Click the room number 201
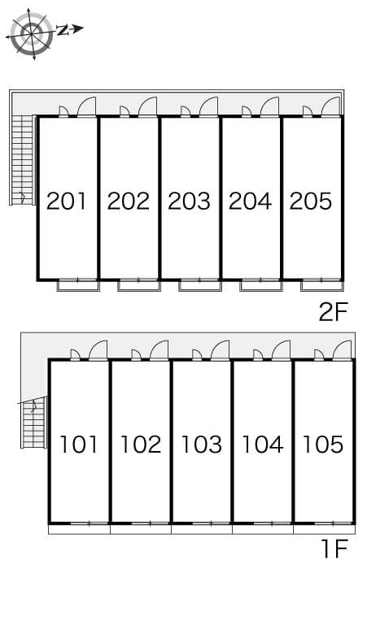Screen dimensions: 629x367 pos(67,200)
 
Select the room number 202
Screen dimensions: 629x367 pos(129,200)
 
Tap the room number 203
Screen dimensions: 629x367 pos(189,200)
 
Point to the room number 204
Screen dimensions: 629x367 pos(250,200)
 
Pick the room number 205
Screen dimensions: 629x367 pos(311,200)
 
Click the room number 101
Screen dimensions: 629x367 pos(79,445)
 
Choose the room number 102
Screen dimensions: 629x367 pos(140,445)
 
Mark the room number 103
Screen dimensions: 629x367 pos(201,445)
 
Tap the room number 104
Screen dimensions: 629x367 pos(262,445)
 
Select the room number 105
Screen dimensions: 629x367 pos(323,445)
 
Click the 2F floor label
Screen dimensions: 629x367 pos(333,312)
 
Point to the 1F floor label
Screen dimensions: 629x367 pos(334,550)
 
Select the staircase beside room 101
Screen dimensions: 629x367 pos(33,423)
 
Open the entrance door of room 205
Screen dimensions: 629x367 pos(330,107)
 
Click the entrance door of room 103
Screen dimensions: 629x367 pos(220,350)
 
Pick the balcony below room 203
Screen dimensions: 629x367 pos(199,284)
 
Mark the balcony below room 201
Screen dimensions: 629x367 pos(78,284)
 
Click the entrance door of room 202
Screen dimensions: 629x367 pos(147,107)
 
